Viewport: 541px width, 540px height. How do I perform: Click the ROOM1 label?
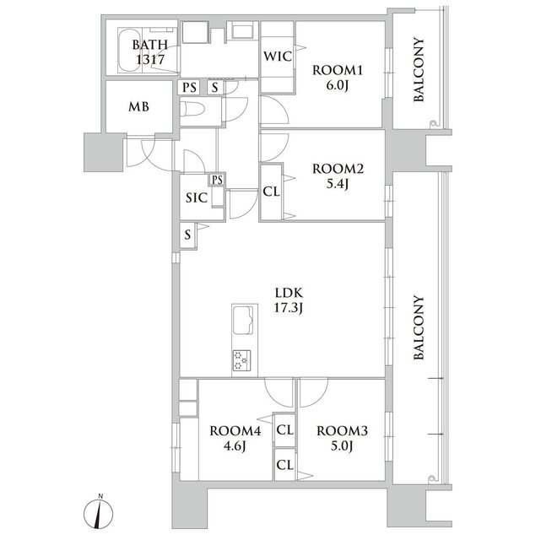click(x=337, y=70)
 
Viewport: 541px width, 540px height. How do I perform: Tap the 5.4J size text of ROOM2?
click(x=338, y=185)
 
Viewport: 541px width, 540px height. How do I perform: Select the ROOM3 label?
click(x=342, y=430)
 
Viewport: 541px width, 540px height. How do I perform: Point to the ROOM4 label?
click(x=235, y=430)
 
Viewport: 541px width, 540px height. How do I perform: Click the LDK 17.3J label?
click(x=289, y=300)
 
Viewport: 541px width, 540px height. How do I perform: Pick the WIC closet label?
click(x=278, y=57)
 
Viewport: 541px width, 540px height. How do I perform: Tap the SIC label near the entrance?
click(x=197, y=197)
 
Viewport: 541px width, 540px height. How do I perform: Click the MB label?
click(x=138, y=107)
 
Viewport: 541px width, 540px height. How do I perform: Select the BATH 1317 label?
click(x=150, y=52)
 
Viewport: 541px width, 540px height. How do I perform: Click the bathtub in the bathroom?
click(x=129, y=51)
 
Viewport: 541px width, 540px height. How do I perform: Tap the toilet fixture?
click(x=192, y=110)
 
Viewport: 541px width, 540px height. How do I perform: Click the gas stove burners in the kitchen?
click(x=241, y=360)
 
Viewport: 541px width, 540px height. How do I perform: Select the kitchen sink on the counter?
click(x=243, y=320)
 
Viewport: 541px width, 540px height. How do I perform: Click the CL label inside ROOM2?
click(x=271, y=192)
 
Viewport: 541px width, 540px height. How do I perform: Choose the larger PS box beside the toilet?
click(x=189, y=87)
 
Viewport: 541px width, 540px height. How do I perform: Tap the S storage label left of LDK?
click(x=187, y=235)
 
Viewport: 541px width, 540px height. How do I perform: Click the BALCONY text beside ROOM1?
click(x=419, y=70)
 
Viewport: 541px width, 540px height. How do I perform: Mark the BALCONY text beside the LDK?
click(x=419, y=328)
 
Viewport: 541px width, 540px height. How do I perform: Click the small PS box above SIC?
click(x=217, y=180)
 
